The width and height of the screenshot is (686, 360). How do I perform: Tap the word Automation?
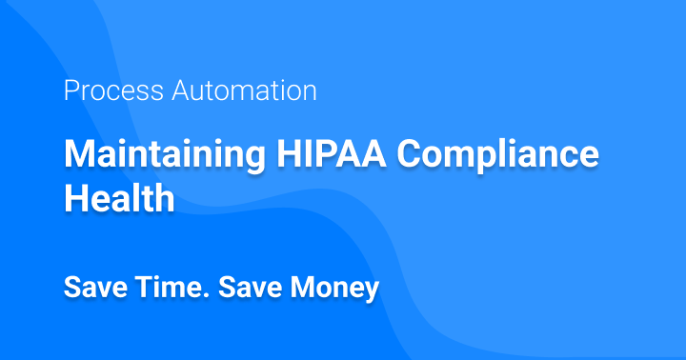pyautogui.click(x=246, y=91)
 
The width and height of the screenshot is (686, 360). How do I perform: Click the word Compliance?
pyautogui.click(x=494, y=154)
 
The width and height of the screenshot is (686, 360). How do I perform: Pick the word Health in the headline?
pyautogui.click(x=119, y=199)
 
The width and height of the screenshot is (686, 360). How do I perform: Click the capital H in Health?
pyautogui.click(x=75, y=199)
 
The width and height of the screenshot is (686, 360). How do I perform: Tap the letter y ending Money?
pyautogui.click(x=373, y=290)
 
